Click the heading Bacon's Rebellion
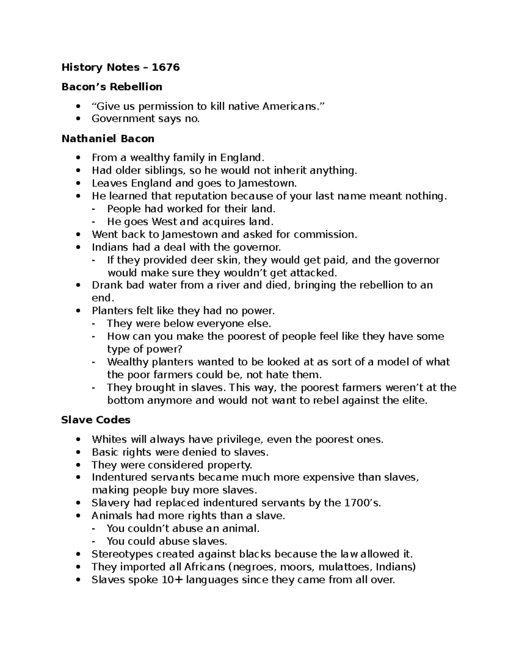tap(112, 87)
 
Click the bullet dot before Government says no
tap(78, 119)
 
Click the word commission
tap(325, 235)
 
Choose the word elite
tap(414, 400)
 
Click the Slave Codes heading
tap(96, 420)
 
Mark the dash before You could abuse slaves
tap(94, 541)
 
